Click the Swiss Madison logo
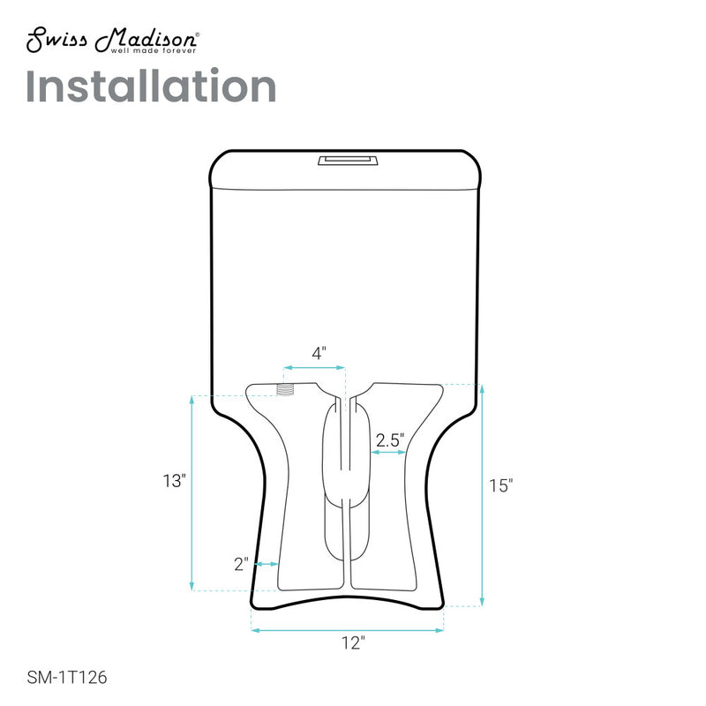pyautogui.click(x=110, y=41)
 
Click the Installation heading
pyautogui.click(x=150, y=86)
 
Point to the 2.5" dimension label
pyautogui.click(x=388, y=439)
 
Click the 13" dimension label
pyautogui.click(x=174, y=481)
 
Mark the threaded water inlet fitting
pyautogui.click(x=285, y=389)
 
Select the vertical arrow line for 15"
pyautogui.click(x=482, y=494)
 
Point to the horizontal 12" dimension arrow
pyautogui.click(x=347, y=630)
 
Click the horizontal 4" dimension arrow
pyautogui.click(x=313, y=367)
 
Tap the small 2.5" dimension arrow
pyautogui.click(x=387, y=452)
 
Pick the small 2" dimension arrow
pyautogui.click(x=267, y=562)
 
